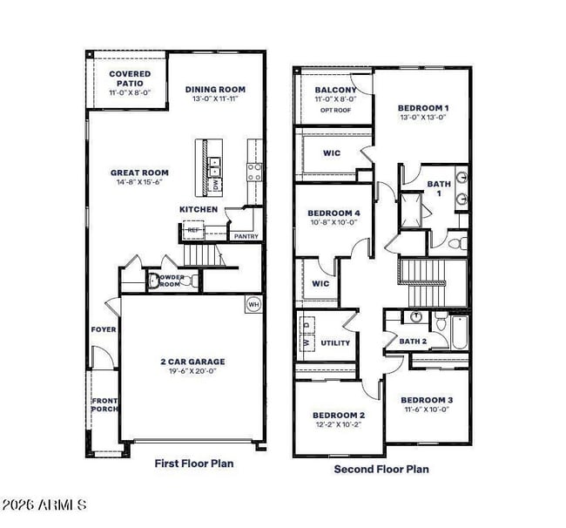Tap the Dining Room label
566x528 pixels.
[215, 89]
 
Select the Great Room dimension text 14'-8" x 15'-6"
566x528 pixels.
[139, 184]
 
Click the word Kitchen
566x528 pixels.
[198, 210]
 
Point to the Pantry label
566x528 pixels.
[246, 236]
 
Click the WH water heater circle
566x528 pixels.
[253, 304]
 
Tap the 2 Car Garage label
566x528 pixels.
[192, 362]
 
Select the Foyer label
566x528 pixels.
[104, 329]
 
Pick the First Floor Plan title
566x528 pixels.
[193, 464]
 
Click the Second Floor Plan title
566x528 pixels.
[381, 469]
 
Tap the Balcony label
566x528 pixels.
[335, 90]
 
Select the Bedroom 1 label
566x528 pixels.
[423, 106]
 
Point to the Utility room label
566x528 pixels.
[335, 342]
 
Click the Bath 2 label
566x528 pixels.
[413, 342]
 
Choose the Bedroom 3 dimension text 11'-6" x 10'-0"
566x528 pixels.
[427, 410]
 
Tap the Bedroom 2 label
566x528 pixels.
[339, 415]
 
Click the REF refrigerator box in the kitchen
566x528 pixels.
[192, 230]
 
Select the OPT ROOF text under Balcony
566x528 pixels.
[335, 111]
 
